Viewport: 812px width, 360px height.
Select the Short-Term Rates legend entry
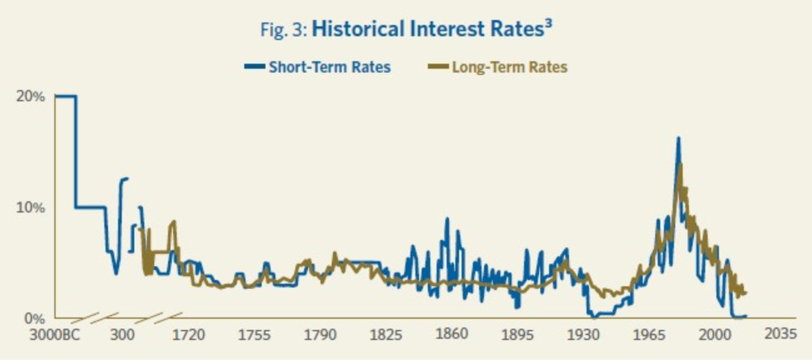(329, 67)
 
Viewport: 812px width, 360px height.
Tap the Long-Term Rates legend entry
(509, 67)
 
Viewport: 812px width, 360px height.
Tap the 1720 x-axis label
(189, 334)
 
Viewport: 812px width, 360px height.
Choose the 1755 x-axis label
(254, 334)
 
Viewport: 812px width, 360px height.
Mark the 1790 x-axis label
(320, 334)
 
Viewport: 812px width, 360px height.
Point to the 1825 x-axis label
(385, 334)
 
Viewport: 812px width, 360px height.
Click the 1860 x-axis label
(452, 334)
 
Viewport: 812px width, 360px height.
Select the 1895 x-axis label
(517, 334)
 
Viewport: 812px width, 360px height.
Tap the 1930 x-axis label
(583, 334)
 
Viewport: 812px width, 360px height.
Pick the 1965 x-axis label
(648, 334)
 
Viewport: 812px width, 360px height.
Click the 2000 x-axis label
(715, 334)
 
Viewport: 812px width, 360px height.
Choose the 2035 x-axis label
(780, 334)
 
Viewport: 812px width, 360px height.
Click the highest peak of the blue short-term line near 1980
(678, 138)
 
